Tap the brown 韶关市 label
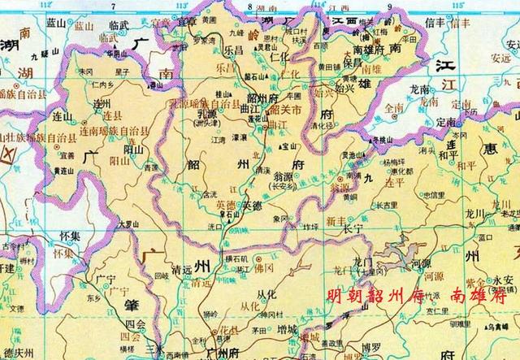[x=285, y=110]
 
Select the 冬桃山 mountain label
[x=379, y=140]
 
